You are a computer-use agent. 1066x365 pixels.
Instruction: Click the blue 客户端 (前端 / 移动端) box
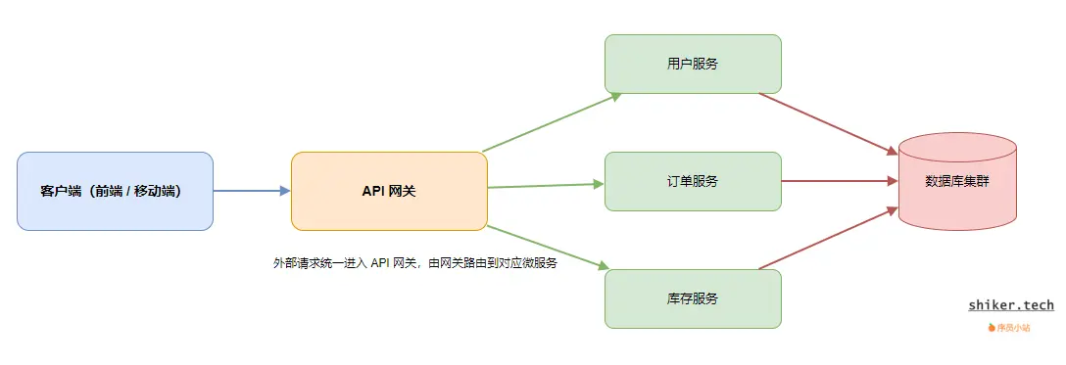click(x=115, y=191)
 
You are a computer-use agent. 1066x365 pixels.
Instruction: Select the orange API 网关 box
click(x=389, y=191)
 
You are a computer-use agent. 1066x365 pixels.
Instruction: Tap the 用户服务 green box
click(x=693, y=64)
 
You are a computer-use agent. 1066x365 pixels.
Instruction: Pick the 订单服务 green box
click(x=693, y=181)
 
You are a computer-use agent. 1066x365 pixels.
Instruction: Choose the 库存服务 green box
click(x=693, y=298)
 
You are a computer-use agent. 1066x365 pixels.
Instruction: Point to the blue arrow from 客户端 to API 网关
click(x=252, y=191)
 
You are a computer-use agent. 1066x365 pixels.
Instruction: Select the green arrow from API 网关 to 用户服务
click(x=552, y=122)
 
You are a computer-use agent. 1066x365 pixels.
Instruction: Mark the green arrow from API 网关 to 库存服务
click(x=549, y=247)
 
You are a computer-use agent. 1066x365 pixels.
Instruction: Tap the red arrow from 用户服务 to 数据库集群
click(x=829, y=123)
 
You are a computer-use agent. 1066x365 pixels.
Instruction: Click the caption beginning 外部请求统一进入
click(x=415, y=263)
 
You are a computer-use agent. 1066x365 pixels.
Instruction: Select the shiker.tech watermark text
click(x=1011, y=305)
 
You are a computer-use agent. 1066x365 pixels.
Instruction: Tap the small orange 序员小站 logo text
click(x=1013, y=328)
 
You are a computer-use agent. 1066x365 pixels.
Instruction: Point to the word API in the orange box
click(x=373, y=191)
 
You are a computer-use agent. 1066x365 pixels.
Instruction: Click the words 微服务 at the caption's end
click(x=540, y=263)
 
